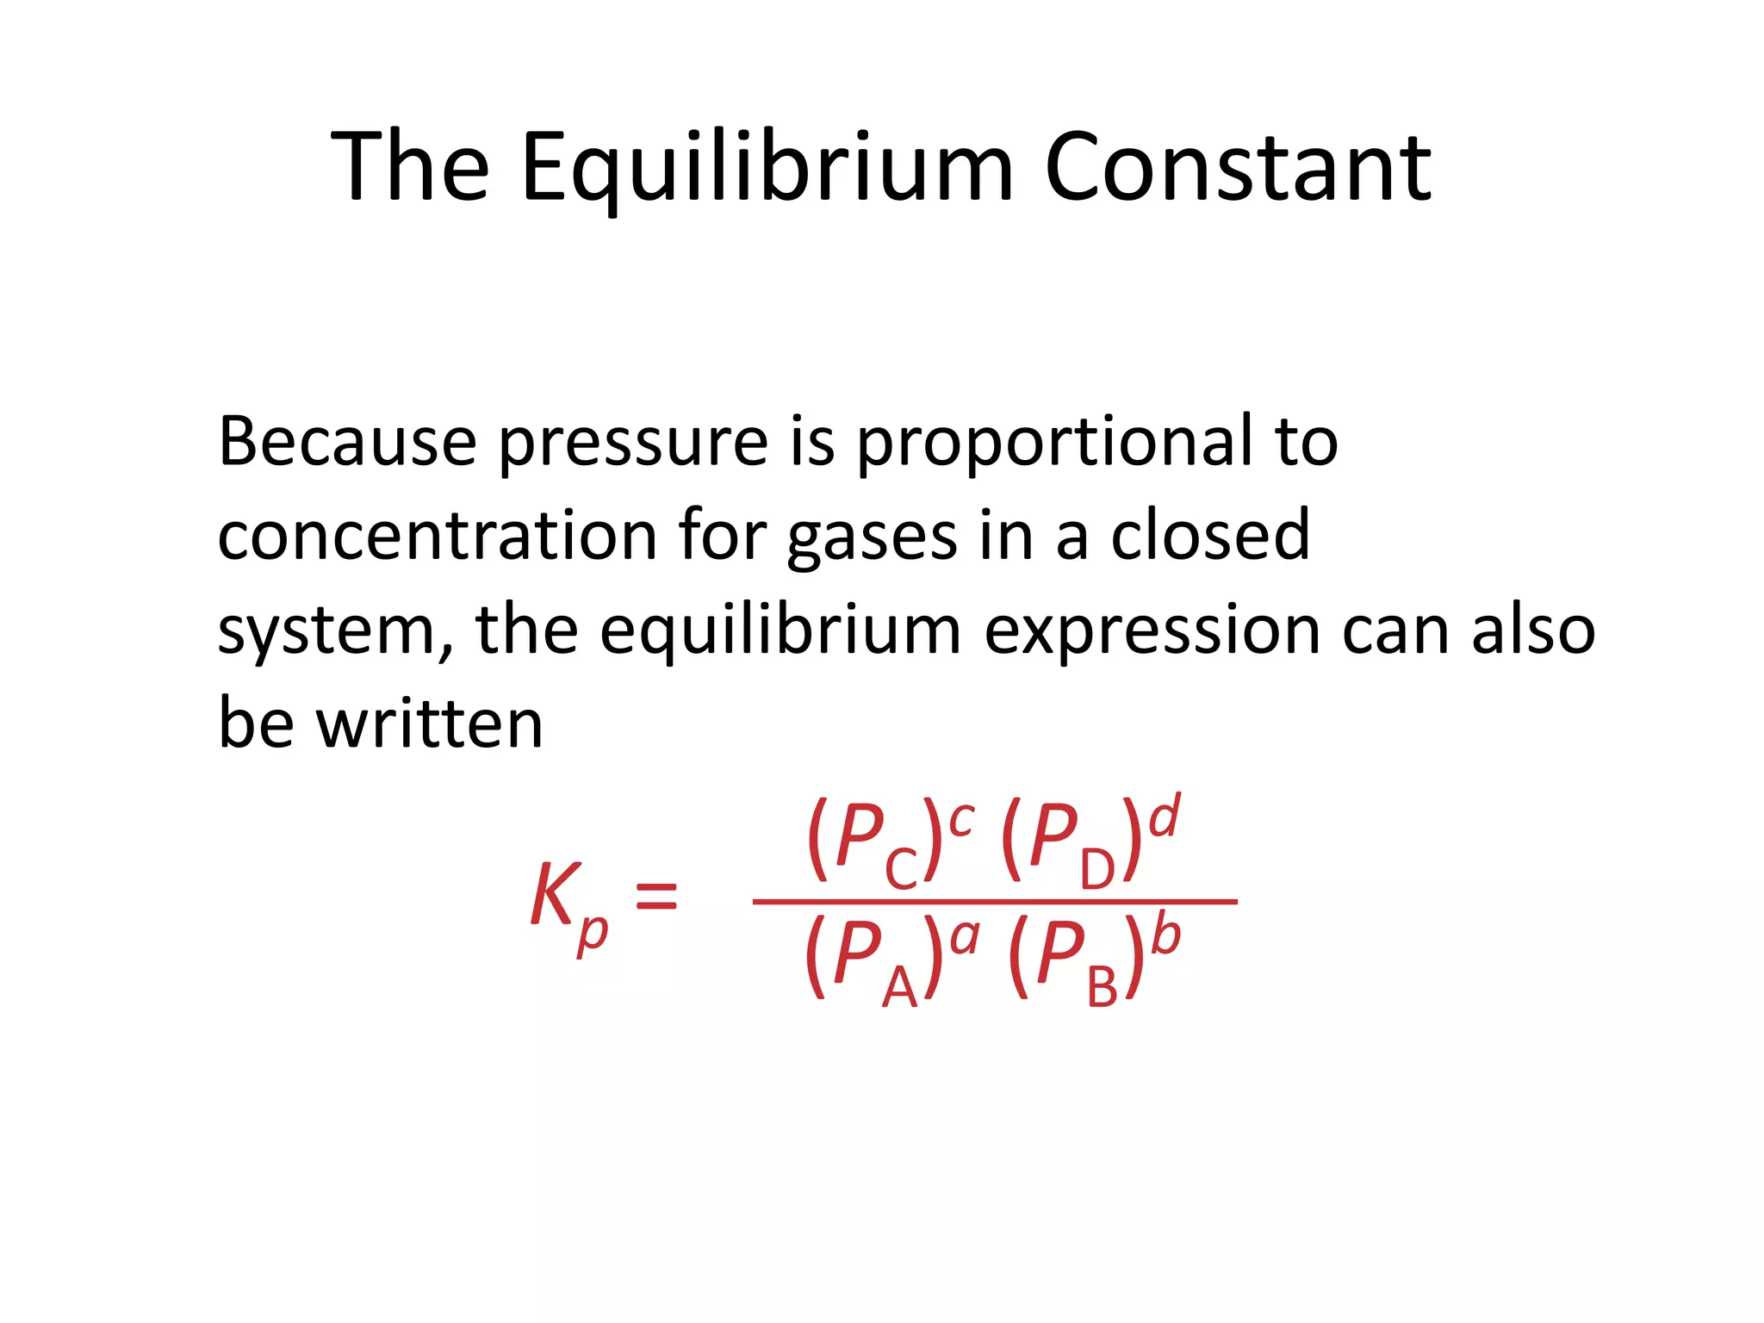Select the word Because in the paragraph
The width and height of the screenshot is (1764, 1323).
347,442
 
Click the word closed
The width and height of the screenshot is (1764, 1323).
1210,536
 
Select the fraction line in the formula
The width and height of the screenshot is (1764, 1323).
994,902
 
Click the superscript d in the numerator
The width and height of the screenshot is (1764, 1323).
1165,816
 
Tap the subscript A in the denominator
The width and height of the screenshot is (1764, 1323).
900,986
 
